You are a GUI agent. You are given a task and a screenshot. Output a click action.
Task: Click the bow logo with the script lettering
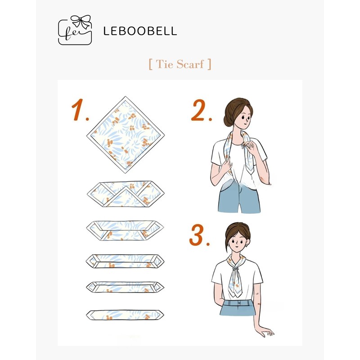point(75,30)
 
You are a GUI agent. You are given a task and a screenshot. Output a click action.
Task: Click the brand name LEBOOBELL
point(140,31)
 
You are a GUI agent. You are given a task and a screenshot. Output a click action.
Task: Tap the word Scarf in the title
point(190,64)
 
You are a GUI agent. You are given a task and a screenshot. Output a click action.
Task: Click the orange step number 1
point(80,110)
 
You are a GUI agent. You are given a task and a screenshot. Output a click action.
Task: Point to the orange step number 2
point(201,110)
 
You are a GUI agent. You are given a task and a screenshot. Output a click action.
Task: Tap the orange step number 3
point(199,235)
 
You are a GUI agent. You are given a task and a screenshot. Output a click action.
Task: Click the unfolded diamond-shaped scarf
point(126,135)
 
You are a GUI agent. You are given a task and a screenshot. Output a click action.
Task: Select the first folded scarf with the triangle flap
point(126,194)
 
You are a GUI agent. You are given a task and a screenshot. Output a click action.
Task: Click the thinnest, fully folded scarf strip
point(125,315)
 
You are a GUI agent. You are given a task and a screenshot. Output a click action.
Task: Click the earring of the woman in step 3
point(246,246)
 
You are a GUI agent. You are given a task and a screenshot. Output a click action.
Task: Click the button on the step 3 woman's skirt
point(239,303)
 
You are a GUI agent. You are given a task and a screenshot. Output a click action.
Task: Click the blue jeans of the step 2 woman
point(239,196)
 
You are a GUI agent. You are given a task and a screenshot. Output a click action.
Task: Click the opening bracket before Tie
point(151,64)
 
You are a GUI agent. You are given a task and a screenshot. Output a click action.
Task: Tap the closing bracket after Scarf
point(209,64)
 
